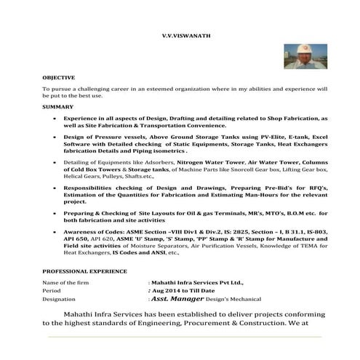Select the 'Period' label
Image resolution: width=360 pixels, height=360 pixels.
[52, 289]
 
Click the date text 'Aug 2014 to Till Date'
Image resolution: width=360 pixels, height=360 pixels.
[177, 289]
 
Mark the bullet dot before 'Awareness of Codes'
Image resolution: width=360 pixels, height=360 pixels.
[56, 230]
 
